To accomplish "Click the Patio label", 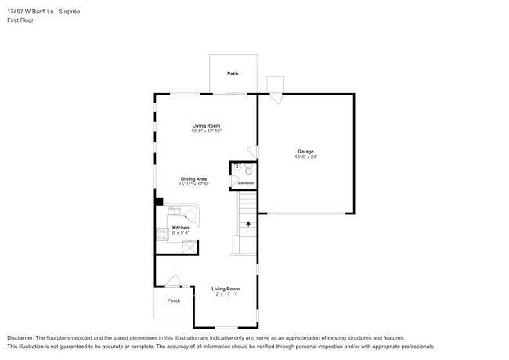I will coord(233,74).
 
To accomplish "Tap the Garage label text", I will coord(305,151).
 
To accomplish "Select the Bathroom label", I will coord(246,183).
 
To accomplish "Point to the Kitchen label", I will coord(181,228).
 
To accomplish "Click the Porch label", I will coord(173,301).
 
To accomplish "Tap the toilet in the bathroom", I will coord(248,169).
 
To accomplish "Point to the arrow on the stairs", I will coord(248,224).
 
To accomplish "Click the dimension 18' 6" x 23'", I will coord(305,157).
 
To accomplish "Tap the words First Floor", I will coord(20,20).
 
